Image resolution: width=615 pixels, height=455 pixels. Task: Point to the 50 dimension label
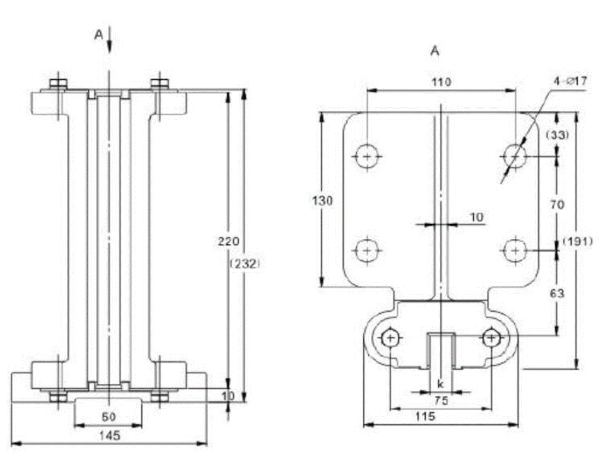(x=108, y=417)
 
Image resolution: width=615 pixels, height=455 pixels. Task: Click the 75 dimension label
(x=441, y=401)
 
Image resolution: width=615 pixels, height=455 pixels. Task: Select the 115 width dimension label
(x=441, y=416)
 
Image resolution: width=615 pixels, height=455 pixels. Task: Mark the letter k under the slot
(x=440, y=384)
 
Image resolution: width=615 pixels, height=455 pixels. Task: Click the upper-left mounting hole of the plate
(x=367, y=156)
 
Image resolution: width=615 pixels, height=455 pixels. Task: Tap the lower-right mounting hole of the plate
(x=515, y=250)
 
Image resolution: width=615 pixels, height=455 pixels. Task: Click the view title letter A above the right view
(x=435, y=51)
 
